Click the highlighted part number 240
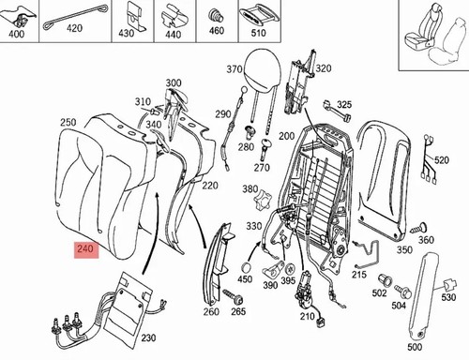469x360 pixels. tap(85, 249)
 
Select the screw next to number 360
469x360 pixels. tap(418, 229)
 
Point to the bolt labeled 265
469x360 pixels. tap(234, 297)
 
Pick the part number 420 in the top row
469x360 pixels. tap(74, 29)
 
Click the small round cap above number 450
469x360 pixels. tap(248, 268)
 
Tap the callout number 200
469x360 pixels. tap(287, 136)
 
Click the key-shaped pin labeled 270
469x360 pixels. tap(265, 149)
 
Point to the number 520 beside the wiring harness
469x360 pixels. tap(442, 160)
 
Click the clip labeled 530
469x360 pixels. tap(449, 285)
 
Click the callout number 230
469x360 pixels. tap(148, 337)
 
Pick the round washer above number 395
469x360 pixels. tap(291, 269)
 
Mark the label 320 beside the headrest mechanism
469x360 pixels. tap(324, 68)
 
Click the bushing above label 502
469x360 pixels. tap(385, 280)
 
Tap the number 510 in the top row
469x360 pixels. tap(258, 33)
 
